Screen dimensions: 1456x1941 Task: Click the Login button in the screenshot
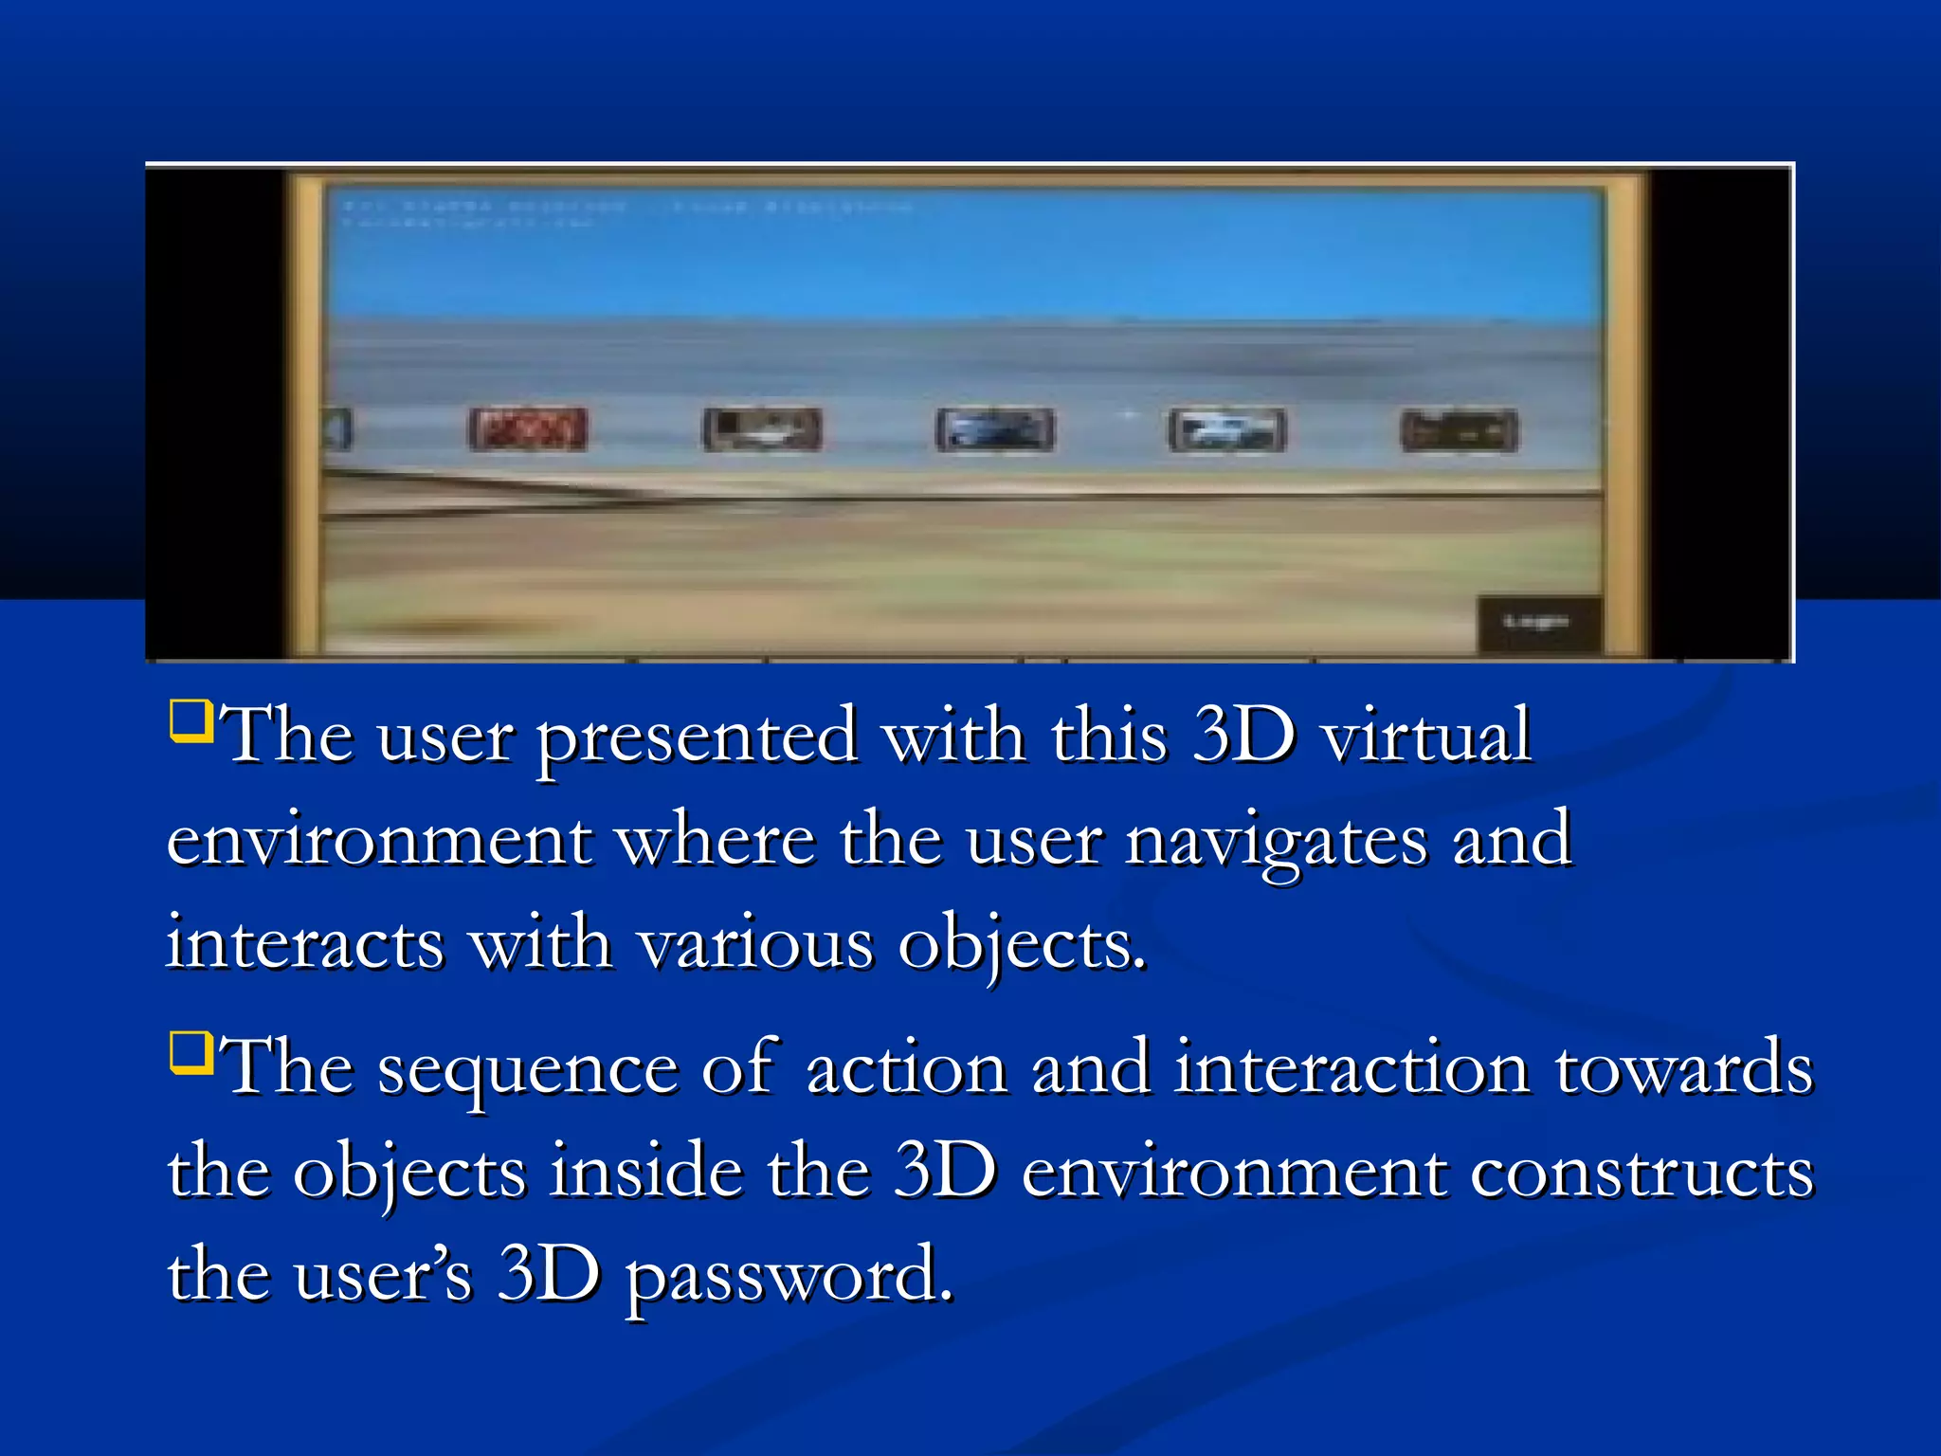click(1538, 623)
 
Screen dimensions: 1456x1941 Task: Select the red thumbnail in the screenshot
click(528, 429)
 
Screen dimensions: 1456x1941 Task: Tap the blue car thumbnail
click(994, 429)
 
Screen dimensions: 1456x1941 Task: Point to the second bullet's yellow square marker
click(190, 1052)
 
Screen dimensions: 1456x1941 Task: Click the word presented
click(698, 737)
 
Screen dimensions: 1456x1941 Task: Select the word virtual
click(1426, 736)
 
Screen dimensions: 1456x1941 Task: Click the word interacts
click(305, 944)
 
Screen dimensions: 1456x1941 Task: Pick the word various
click(755, 944)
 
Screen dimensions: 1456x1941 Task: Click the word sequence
click(528, 1069)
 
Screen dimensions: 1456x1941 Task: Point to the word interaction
click(1352, 1069)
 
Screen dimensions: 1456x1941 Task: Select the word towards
click(1684, 1069)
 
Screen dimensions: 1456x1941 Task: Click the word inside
click(646, 1172)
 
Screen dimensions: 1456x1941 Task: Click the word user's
click(382, 1276)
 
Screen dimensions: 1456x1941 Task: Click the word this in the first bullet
click(1109, 736)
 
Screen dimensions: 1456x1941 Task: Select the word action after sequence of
click(906, 1069)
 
